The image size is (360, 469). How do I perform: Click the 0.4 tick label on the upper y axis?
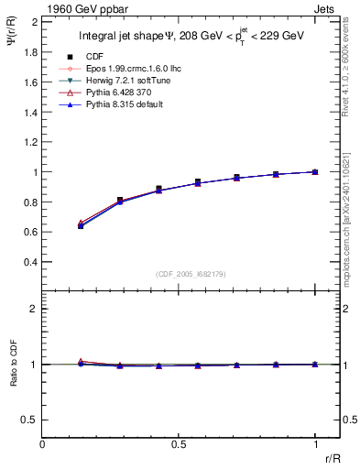click(x=31, y=262)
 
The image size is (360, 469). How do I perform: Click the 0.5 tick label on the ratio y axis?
click(x=31, y=420)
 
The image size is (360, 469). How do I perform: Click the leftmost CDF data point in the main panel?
click(x=82, y=225)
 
